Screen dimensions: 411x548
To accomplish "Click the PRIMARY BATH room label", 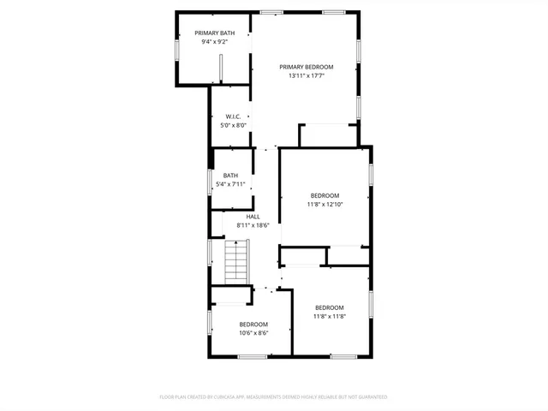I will tap(214, 33).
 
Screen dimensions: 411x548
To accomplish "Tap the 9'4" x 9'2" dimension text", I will tap(214, 42).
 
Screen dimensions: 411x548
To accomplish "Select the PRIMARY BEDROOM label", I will tap(307, 67).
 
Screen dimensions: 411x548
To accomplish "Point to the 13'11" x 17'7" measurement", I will tap(307, 76).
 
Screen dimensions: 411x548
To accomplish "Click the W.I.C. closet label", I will tap(233, 116).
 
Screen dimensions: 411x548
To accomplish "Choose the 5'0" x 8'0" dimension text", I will tap(233, 126).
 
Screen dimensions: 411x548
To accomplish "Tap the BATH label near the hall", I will tap(231, 176).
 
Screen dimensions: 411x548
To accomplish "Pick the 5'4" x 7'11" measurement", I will tap(231, 184).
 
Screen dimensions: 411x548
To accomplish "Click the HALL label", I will tap(253, 217).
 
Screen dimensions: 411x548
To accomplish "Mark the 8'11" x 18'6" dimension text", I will tap(253, 225).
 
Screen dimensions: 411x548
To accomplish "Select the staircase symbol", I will tap(236, 262).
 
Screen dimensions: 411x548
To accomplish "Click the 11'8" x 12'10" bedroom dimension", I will tap(325, 205).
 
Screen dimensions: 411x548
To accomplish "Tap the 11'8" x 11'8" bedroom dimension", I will tap(330, 317).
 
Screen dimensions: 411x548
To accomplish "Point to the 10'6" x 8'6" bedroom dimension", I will tap(253, 333).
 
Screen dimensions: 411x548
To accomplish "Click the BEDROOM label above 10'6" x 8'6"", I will tap(253, 324).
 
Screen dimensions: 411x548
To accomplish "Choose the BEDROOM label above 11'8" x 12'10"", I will tap(325, 195).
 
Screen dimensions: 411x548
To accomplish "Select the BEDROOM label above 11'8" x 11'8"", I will tap(330, 307).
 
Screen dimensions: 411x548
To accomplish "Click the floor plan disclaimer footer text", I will tap(274, 397).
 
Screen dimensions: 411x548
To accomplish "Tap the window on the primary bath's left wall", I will tap(177, 50).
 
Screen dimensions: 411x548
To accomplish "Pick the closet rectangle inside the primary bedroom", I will tap(327, 135).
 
